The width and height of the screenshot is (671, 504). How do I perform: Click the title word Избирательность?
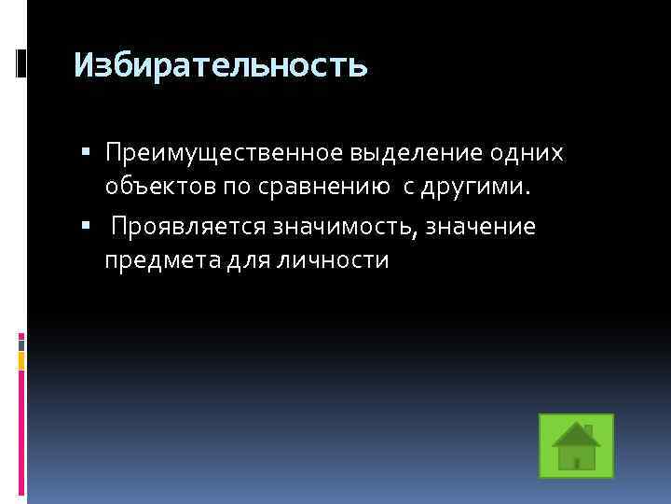[x=221, y=65]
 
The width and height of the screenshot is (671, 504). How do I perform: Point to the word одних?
[x=532, y=152]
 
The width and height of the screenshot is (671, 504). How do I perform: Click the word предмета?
[x=159, y=260]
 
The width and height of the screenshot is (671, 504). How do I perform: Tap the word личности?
[x=334, y=260]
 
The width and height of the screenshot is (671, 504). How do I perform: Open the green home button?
[x=576, y=445]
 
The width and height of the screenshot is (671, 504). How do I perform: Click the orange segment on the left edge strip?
[x=21, y=358]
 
